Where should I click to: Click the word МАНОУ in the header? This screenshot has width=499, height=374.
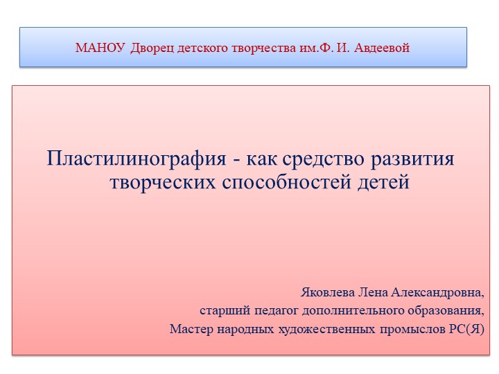pyautogui.click(x=100, y=48)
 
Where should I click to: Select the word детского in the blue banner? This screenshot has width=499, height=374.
pyautogui.click(x=202, y=48)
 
